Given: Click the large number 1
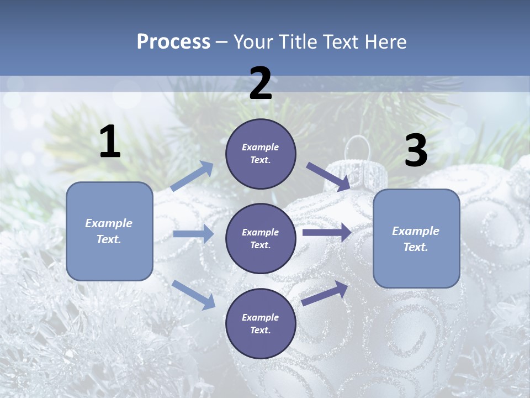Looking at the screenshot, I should tap(110, 142).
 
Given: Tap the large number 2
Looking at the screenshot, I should tap(261, 83).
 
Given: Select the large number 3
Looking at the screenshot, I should tap(416, 151).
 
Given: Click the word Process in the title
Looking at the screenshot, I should tap(173, 41).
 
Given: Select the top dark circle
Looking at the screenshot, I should tap(261, 154).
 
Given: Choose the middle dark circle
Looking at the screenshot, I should tap(261, 238).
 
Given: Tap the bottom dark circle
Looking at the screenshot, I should tap(261, 323).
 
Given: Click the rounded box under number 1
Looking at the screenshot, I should tap(109, 231).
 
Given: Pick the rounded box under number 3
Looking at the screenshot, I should tap(416, 238).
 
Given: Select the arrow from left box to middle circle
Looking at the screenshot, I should tap(193, 234).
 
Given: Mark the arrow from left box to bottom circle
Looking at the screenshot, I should tap(194, 294).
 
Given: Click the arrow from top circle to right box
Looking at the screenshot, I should tap(328, 177).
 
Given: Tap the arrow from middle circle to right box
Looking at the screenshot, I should tap(326, 233).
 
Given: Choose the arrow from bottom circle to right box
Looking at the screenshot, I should tap(325, 293).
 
